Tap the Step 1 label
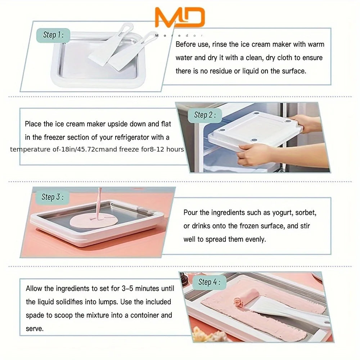[x=53, y=35]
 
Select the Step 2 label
[x=204, y=115]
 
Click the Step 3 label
[x=53, y=197]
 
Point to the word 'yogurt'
[x=283, y=213]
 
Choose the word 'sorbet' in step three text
[x=306, y=213]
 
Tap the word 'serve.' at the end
[x=35, y=328]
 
